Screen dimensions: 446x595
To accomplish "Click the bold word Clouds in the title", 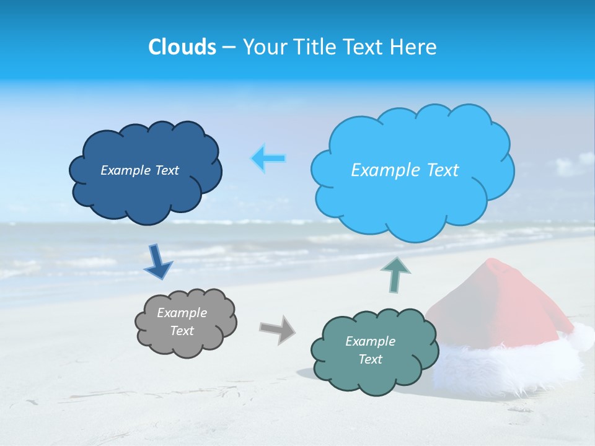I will tap(182, 47).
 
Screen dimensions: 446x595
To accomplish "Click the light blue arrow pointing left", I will tap(268, 159).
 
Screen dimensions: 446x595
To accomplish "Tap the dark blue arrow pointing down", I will tap(157, 263).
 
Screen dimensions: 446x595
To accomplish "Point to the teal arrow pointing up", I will tap(397, 274).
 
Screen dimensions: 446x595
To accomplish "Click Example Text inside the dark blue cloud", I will tap(139, 170).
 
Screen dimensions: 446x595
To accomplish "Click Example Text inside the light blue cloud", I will tap(405, 170).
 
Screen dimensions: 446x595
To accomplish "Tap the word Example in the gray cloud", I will tap(182, 313).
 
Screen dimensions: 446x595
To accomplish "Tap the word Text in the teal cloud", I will tap(370, 359).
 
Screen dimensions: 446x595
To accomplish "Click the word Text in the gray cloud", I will tap(182, 331).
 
